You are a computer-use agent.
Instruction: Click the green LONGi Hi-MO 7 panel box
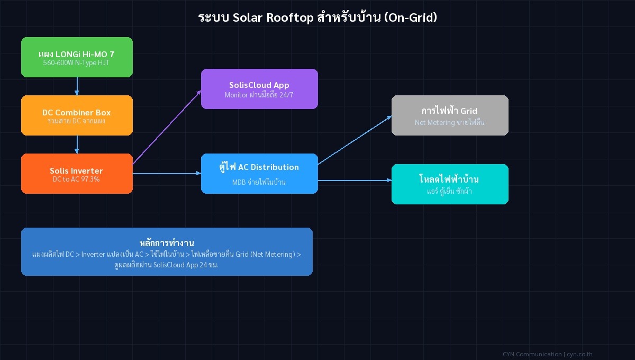point(77,57)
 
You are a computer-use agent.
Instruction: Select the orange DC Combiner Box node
point(77,115)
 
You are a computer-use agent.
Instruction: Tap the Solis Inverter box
point(77,174)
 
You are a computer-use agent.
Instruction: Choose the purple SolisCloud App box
point(259,89)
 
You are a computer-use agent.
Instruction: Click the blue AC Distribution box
point(259,174)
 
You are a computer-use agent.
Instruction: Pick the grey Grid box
point(450,115)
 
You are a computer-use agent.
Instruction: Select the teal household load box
point(450,184)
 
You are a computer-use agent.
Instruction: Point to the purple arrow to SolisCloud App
point(167,127)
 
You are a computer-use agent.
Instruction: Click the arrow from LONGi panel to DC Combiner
point(77,86)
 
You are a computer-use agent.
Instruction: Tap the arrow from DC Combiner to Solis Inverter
point(77,145)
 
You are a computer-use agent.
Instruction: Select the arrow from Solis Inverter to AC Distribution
point(167,174)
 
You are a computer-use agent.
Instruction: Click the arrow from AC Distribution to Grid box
point(355,140)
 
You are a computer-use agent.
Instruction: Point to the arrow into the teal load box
point(355,181)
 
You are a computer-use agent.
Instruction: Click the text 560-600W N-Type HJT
point(77,62)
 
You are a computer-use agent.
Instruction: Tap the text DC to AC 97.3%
point(77,179)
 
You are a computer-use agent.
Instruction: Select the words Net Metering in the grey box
point(434,122)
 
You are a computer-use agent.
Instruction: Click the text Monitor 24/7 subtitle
point(259,95)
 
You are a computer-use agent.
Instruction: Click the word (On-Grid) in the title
point(411,17)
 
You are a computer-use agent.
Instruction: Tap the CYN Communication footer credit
point(547,354)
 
